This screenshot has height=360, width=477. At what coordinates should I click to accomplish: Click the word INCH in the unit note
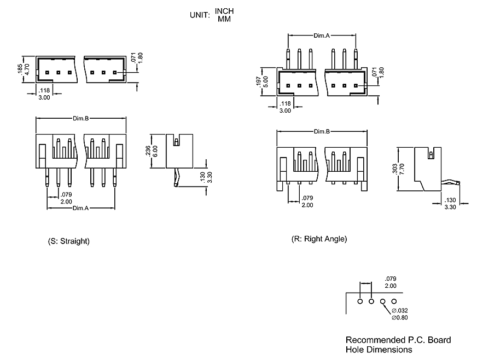pos(224,11)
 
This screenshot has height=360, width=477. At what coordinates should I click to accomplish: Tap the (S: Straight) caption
pos(69,241)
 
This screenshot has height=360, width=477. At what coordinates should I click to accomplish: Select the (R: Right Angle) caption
pos(319,239)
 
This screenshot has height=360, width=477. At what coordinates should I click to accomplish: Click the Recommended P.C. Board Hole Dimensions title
pos(398,345)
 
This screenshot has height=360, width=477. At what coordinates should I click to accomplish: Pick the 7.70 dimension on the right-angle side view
pos(402,169)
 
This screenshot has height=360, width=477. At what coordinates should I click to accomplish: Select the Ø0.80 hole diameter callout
pos(400,317)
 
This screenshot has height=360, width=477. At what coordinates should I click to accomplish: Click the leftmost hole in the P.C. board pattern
pos(360,301)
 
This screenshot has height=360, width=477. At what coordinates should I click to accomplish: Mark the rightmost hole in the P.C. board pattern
pos(394,301)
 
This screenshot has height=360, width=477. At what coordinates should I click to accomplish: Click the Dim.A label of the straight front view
pos(81,208)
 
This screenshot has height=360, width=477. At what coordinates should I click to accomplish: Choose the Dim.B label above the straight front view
pos(81,118)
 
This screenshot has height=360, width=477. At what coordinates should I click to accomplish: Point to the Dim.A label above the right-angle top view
pos(322,35)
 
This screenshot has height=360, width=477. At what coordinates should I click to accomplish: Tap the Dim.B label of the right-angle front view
pos(322,132)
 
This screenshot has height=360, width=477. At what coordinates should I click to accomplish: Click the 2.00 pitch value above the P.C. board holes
pos(391,286)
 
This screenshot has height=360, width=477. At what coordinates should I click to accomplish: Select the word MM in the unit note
pos(224,19)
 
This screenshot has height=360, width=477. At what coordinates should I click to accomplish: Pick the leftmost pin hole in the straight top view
pos(48,72)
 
